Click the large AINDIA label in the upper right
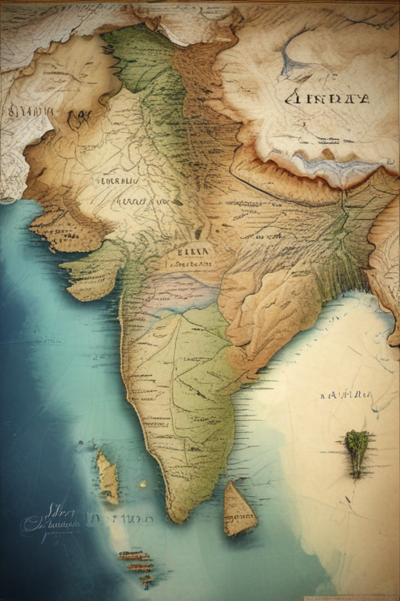(327, 99)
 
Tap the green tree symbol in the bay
(356, 450)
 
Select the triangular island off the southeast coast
(239, 511)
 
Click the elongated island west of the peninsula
(108, 478)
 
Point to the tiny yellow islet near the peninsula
(143, 484)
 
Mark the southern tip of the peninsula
(179, 516)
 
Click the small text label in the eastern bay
(345, 395)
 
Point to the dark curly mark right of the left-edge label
(79, 119)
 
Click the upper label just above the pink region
(194, 251)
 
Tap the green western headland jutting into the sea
(90, 274)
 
